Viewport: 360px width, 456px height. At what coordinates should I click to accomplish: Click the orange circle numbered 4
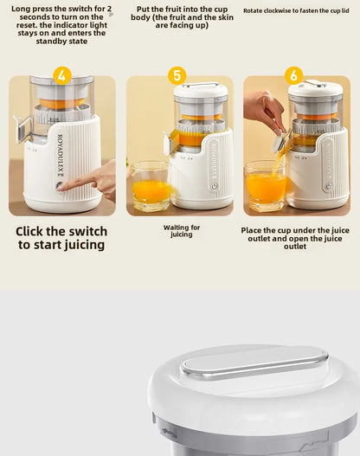(61, 75)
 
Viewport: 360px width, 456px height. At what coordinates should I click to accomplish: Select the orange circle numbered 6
(294, 75)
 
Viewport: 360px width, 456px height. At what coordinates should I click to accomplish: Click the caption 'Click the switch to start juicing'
(61, 238)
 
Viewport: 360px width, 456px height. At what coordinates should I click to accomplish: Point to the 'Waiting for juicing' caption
(182, 231)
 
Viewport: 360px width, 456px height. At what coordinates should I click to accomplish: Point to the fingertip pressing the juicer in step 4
(62, 185)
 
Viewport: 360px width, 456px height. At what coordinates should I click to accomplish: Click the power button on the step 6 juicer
(328, 185)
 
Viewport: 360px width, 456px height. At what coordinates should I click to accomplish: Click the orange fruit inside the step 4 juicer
(61, 104)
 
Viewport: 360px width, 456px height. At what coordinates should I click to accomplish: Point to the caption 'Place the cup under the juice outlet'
(295, 238)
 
